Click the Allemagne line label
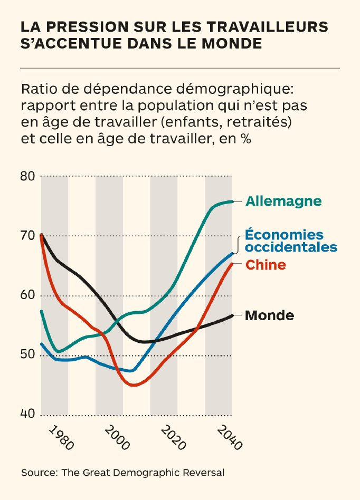[x=283, y=201]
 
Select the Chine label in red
[x=266, y=265]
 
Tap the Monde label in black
[x=270, y=315]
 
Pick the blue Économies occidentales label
[x=291, y=241]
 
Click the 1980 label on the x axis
[x=61, y=437]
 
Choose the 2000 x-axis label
[x=116, y=438]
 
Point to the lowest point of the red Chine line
[x=135, y=386]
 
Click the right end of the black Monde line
[x=232, y=315]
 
